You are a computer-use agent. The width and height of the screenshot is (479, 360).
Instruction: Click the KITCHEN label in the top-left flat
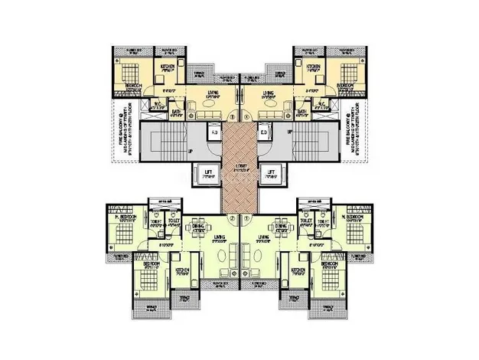(167, 68)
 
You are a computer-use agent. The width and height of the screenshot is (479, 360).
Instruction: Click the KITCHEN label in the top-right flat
(312, 68)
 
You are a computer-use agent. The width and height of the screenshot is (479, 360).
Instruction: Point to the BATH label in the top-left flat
(176, 112)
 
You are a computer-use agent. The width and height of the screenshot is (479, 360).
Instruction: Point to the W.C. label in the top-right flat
(322, 103)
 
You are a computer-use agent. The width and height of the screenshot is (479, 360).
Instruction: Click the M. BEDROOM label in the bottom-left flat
(126, 218)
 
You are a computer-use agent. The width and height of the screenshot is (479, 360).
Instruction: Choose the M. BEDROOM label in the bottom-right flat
(352, 218)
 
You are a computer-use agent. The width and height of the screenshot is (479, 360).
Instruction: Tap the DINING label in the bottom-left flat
(197, 224)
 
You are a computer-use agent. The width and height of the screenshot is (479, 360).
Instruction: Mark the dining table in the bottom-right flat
(280, 233)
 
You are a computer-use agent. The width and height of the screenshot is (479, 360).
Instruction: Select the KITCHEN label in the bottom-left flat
(181, 271)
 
